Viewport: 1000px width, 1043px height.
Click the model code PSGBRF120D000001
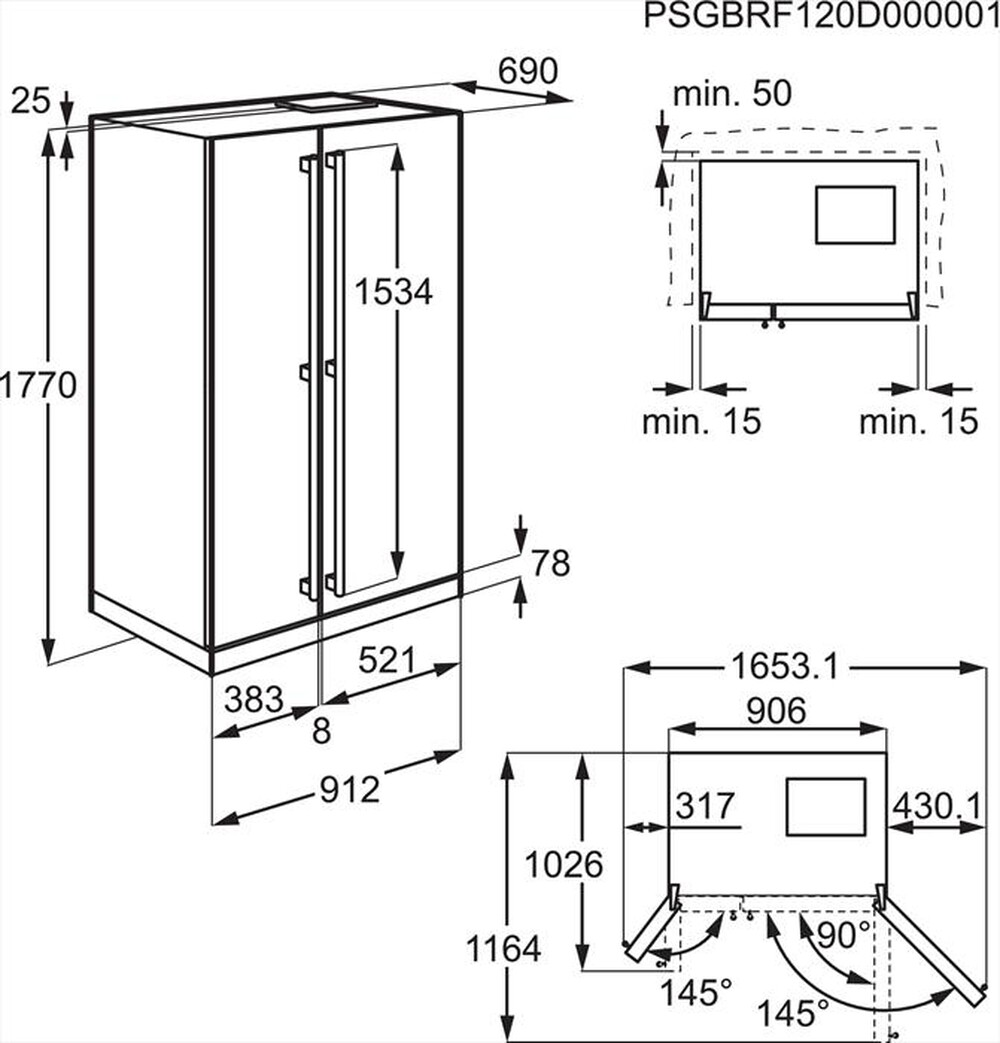click(821, 16)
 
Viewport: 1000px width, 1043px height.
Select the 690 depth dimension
click(528, 71)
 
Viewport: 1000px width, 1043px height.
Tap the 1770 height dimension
click(38, 385)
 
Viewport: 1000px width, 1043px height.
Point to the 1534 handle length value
click(393, 291)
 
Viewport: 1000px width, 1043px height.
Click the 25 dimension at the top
click(31, 100)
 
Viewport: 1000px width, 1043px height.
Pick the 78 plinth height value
click(550, 563)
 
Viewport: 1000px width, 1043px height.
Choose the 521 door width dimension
click(387, 660)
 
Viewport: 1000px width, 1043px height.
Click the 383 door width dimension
click(254, 700)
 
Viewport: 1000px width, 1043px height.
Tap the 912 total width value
click(350, 790)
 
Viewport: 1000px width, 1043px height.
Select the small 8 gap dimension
click(321, 732)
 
